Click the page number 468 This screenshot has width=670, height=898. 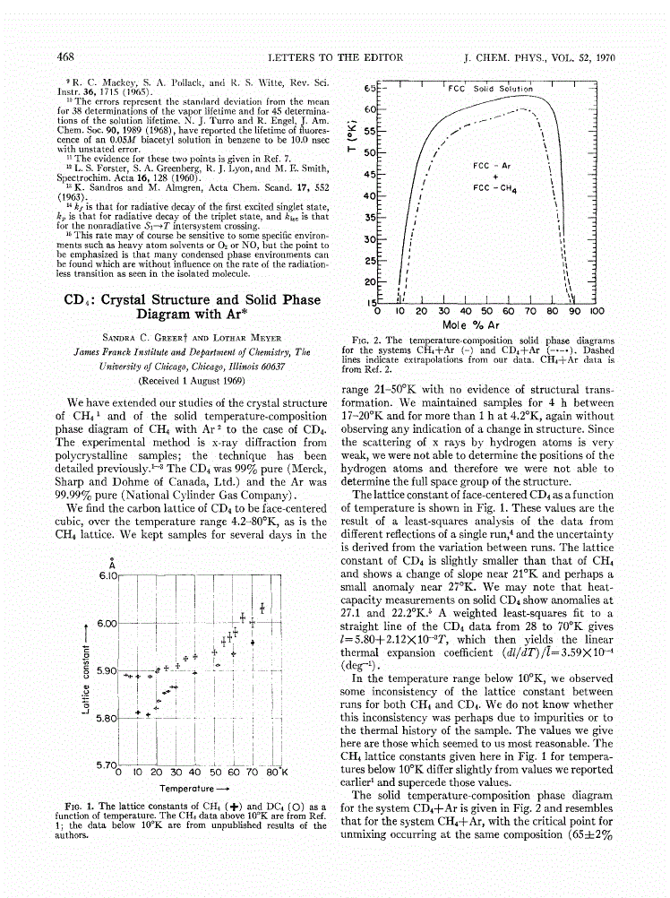pyautogui.click(x=64, y=56)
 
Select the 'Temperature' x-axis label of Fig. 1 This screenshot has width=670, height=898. pyautogui.click(x=194, y=788)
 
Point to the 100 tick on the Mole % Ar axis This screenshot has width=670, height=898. pyautogui.click(x=597, y=311)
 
